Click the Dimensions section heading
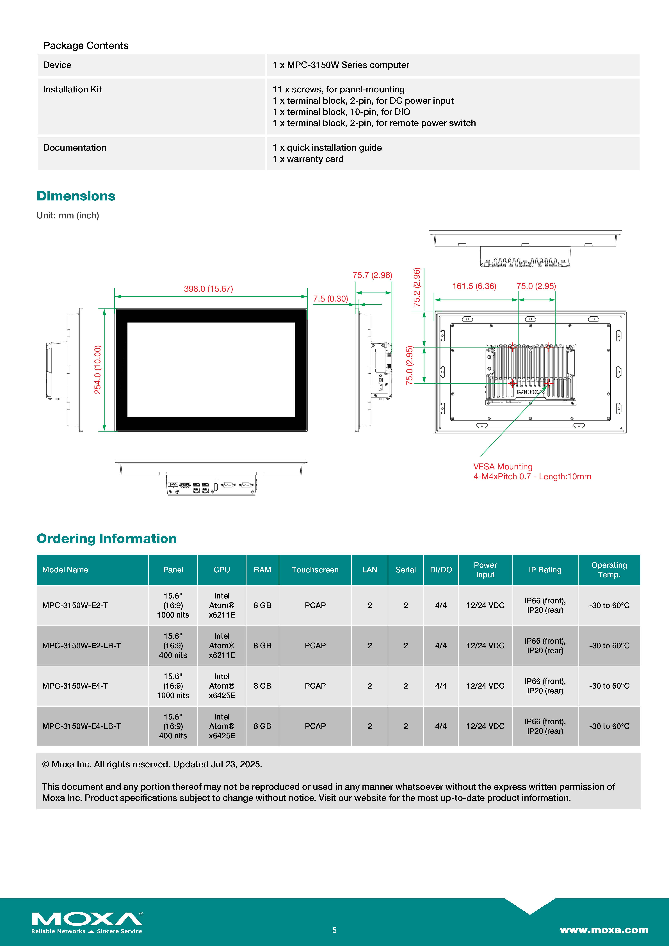pos(76,196)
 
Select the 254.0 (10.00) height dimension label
pos(98,370)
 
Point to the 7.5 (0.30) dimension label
pos(330,299)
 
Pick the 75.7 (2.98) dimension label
pos(372,275)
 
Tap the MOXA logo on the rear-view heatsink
pos(531,392)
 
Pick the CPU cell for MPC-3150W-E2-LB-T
pos(222,646)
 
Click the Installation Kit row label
pos(72,89)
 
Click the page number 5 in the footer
pos(334,930)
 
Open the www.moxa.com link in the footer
pos(604,930)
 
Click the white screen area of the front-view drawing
pos(211,370)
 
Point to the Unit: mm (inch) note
pos(68,216)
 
